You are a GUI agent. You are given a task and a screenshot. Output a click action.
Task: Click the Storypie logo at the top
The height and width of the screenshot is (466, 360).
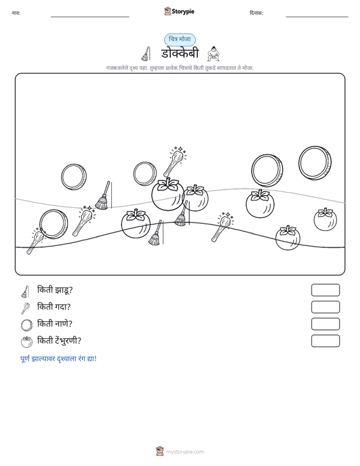[x=179, y=11]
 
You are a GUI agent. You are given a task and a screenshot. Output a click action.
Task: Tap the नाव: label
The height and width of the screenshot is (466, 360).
[x=16, y=13]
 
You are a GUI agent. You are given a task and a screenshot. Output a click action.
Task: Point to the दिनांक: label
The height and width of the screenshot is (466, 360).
[x=256, y=13]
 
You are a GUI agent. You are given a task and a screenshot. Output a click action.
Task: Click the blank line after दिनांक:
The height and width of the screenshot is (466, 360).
[x=317, y=17]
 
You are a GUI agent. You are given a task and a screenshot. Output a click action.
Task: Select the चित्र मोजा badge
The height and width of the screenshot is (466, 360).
[x=180, y=39]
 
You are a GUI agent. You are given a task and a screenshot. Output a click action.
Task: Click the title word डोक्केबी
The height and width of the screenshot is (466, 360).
[x=180, y=53]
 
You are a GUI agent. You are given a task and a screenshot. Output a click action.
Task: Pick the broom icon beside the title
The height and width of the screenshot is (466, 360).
[x=146, y=54]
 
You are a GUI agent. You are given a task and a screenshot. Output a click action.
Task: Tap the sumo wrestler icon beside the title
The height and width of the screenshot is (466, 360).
[x=213, y=54]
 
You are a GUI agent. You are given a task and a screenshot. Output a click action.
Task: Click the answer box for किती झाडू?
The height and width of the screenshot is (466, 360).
[x=325, y=290]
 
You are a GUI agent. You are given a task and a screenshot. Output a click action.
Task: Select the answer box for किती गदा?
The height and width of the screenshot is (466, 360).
[x=325, y=307]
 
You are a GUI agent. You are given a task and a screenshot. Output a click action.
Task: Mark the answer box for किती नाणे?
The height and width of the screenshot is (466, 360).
[x=325, y=324]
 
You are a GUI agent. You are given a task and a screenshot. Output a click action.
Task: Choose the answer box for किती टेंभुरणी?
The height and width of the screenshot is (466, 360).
[x=325, y=341]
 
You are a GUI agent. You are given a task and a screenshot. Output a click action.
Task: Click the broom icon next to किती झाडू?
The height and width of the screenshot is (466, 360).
[x=25, y=292]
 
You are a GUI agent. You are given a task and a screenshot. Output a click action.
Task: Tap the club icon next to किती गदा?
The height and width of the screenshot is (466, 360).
[x=25, y=308]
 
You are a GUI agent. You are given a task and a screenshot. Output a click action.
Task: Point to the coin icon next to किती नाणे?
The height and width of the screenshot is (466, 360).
[x=27, y=325]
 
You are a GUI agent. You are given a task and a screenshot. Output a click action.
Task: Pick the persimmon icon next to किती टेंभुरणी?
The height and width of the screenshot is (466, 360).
[x=27, y=342]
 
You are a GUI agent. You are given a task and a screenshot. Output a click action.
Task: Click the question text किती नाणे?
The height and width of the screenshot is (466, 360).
[x=55, y=324]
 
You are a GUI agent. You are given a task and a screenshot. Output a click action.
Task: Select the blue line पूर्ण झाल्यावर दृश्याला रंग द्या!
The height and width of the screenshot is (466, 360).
[x=59, y=359]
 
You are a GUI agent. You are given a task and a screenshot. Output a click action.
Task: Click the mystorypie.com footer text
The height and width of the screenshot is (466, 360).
[x=184, y=452]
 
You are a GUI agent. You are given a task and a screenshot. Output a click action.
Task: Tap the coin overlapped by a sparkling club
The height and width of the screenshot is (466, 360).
[x=54, y=224]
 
